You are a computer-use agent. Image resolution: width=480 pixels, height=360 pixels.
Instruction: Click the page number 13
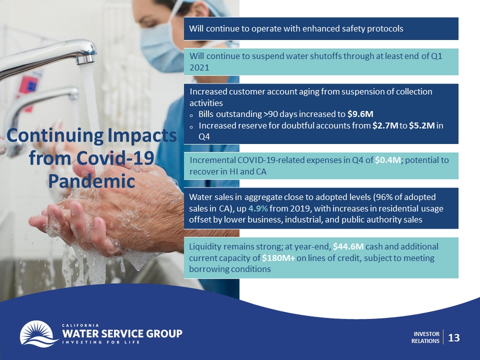tap(454, 338)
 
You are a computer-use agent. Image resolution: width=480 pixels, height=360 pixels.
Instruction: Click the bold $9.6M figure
tap(361, 114)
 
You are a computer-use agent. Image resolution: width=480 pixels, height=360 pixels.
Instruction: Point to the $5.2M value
tap(422, 125)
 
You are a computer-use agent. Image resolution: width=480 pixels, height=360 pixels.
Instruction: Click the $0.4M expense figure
tap(388, 160)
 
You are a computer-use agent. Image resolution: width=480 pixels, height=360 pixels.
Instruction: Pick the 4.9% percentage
tap(258, 209)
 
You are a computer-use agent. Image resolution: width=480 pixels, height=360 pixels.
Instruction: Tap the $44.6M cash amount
tap(348, 246)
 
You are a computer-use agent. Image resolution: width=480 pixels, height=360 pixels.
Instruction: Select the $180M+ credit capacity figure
tap(278, 258)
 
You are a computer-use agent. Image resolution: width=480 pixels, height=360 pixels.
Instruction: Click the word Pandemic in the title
tap(92, 181)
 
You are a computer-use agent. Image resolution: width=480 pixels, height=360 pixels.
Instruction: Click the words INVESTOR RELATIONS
tap(426, 338)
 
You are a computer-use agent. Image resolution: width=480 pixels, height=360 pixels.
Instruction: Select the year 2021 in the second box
tap(199, 68)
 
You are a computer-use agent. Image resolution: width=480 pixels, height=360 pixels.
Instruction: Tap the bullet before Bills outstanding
tap(191, 115)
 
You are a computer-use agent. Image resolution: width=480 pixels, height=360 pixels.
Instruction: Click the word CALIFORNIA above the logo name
tap(81, 325)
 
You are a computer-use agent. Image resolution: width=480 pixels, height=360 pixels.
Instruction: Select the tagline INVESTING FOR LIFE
tap(101, 342)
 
